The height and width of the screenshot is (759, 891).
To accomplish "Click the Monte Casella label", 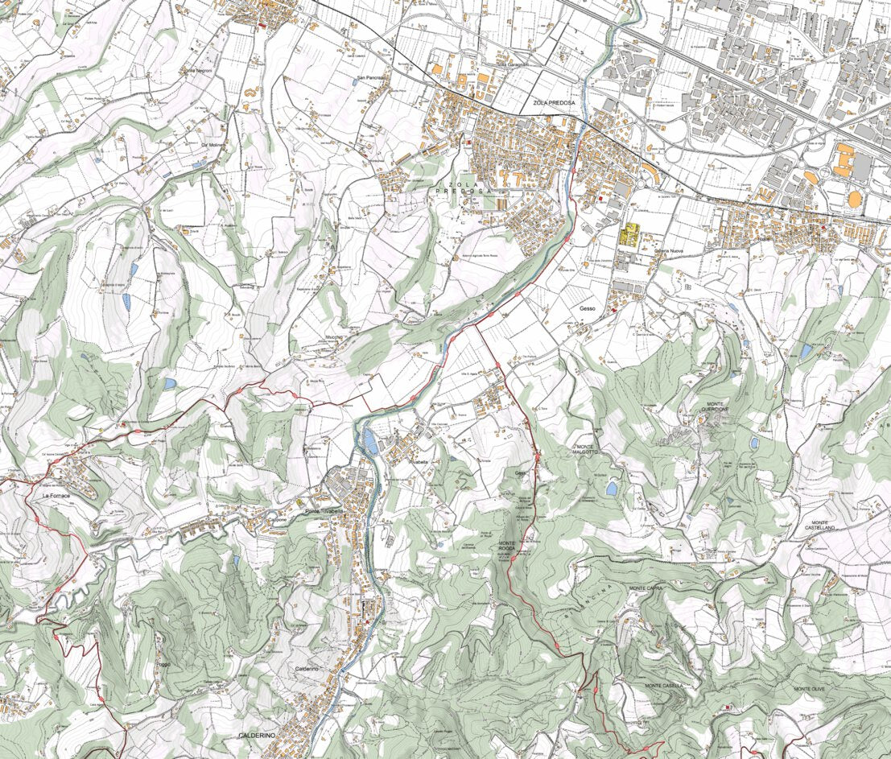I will pyautogui.click(x=664, y=686).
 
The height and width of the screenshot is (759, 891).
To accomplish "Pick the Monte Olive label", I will pyautogui.click(x=810, y=690).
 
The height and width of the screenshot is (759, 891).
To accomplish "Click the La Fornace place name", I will pyautogui.click(x=58, y=497).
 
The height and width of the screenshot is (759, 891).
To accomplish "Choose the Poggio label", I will pyautogui.click(x=164, y=664).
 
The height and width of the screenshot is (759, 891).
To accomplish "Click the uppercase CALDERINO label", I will pyautogui.click(x=258, y=736).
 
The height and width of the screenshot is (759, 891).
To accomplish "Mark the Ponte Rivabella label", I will pyautogui.click(x=325, y=512).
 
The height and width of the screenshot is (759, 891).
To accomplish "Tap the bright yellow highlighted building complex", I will pyautogui.click(x=629, y=236).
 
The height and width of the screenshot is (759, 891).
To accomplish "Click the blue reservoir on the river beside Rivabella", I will pyautogui.click(x=369, y=440).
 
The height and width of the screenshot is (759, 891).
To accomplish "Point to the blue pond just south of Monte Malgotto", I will pyautogui.click(x=613, y=488).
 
